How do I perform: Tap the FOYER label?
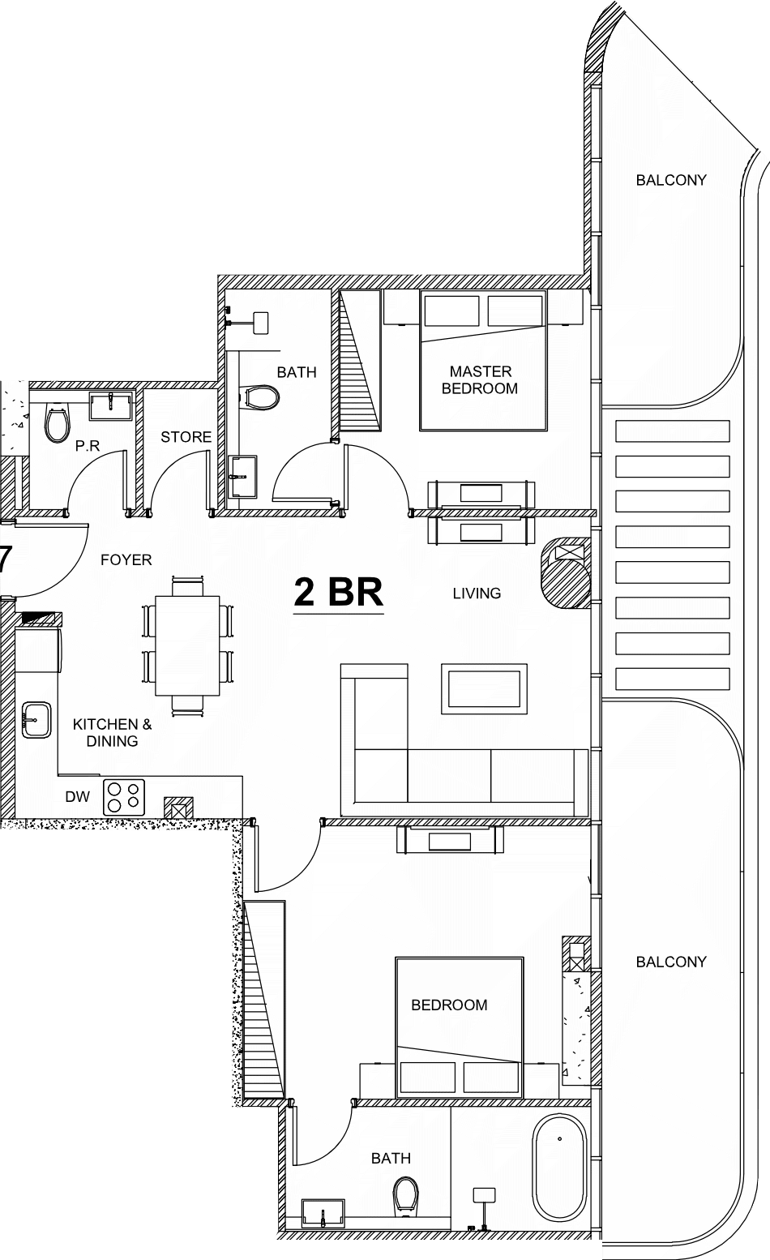[x=126, y=559]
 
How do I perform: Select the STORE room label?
[x=186, y=437]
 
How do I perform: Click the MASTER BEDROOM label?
[x=480, y=379]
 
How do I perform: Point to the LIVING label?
[x=477, y=593]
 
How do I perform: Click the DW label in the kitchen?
[x=78, y=796]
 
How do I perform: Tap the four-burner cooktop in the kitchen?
[x=124, y=797]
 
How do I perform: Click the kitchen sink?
[x=36, y=720]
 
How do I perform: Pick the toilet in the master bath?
[x=262, y=398]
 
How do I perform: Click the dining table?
[x=188, y=645]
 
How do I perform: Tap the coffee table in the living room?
[x=484, y=689]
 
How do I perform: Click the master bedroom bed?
[x=484, y=360]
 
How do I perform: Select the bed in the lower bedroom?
[x=460, y=1027]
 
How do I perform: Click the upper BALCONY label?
[x=671, y=180]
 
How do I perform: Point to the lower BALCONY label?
[x=671, y=962]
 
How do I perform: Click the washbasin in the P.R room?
[x=111, y=406]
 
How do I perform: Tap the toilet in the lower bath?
[x=405, y=1195]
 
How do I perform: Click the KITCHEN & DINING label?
[x=113, y=732]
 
